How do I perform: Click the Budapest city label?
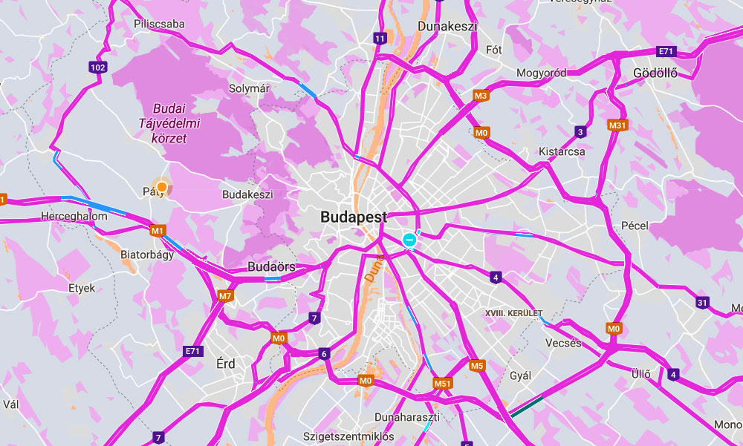point(354,218)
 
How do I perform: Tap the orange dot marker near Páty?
point(161,186)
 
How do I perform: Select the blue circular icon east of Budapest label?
point(409,240)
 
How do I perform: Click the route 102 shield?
point(97,68)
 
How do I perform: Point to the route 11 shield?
point(380,39)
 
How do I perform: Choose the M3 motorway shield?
point(481,96)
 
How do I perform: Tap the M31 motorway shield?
point(617,125)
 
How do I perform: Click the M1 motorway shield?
point(157,231)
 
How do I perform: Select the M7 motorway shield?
point(226,296)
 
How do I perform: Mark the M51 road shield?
point(443,384)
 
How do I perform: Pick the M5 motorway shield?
point(477,365)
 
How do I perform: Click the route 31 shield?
point(702,302)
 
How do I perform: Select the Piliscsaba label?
point(159,24)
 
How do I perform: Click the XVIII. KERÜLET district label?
point(514,313)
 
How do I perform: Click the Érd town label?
point(225,364)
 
